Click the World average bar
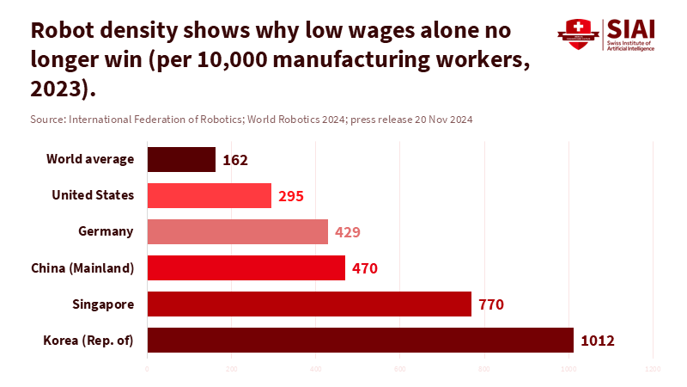click(x=181, y=159)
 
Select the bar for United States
click(x=210, y=195)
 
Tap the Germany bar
click(x=238, y=231)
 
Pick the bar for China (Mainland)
click(x=246, y=267)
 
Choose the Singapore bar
click(x=309, y=304)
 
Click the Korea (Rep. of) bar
click(x=361, y=340)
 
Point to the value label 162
click(x=234, y=160)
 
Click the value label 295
click(x=291, y=196)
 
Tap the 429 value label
click(x=347, y=232)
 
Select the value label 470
click(x=364, y=268)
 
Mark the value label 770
click(x=490, y=304)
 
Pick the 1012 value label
click(x=598, y=341)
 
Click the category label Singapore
click(x=103, y=304)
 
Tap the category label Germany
click(x=106, y=231)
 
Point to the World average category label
click(x=90, y=159)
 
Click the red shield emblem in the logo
click(x=578, y=35)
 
